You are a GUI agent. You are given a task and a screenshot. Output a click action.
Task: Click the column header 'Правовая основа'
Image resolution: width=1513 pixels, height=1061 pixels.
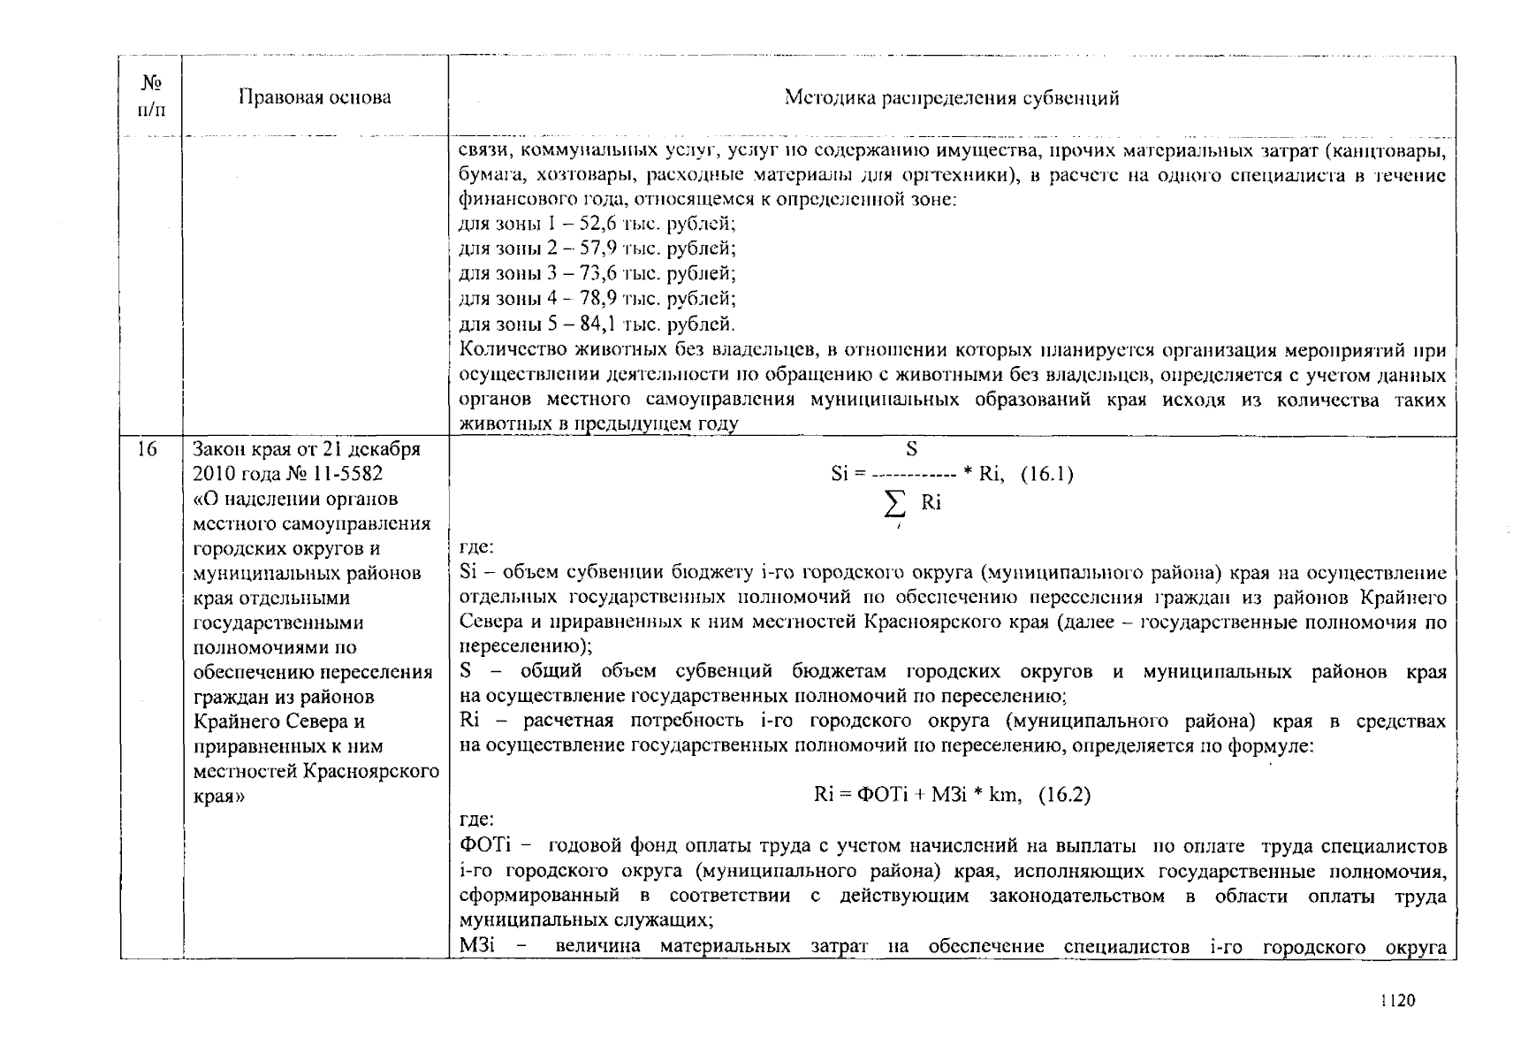[315, 98]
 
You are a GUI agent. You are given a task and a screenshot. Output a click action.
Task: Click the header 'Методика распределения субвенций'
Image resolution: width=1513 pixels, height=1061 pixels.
[952, 98]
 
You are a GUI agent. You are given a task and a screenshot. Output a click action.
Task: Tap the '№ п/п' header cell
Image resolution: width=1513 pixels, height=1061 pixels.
[151, 96]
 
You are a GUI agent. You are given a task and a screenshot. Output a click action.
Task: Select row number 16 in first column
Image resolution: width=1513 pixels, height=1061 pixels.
[147, 449]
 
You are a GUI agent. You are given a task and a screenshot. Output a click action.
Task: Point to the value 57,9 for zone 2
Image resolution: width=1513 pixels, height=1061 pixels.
[584, 248]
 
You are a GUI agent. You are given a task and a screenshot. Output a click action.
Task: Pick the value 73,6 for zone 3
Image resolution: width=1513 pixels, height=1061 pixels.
[584, 273]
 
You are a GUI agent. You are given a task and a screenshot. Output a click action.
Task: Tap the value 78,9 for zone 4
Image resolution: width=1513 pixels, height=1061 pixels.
[586, 298]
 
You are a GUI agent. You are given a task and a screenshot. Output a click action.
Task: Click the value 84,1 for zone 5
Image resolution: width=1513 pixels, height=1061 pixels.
[584, 324]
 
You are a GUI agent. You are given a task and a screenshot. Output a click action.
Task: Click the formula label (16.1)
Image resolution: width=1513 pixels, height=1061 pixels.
[1046, 474]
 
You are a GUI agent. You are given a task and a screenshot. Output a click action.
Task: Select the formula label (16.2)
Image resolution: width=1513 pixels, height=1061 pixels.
[1064, 795]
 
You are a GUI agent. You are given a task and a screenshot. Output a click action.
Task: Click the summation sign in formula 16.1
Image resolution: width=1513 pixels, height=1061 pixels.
[895, 505]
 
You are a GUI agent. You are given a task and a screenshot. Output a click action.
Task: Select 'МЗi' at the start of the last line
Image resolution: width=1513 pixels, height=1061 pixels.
[477, 947]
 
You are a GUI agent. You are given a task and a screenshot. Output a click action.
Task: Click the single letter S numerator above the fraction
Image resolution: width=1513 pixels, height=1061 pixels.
[911, 449]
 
